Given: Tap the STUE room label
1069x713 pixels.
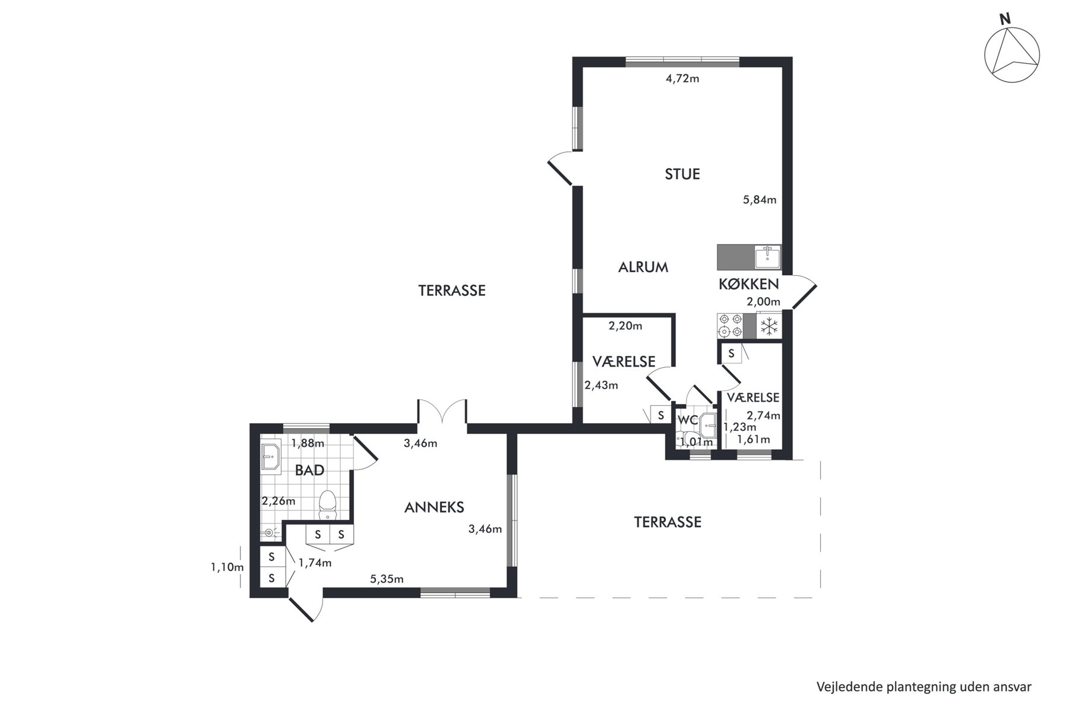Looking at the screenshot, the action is [x=682, y=174].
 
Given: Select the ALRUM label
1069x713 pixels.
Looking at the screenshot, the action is [x=643, y=267].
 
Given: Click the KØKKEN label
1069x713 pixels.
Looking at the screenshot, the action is [x=748, y=284].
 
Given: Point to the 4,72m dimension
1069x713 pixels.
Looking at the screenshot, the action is [x=682, y=78].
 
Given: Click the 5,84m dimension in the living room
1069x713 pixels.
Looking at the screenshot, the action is [x=760, y=200].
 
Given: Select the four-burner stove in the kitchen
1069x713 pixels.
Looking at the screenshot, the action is [x=730, y=326].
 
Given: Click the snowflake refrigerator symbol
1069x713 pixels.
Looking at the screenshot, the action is [x=770, y=326].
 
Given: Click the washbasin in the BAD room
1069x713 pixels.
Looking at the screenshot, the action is [x=271, y=457].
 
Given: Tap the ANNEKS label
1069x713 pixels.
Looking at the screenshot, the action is [x=434, y=507].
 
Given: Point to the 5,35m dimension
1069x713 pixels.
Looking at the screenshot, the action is [x=387, y=579].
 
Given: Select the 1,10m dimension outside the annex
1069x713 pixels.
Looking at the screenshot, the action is [x=227, y=567].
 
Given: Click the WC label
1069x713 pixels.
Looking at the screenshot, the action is [x=688, y=420].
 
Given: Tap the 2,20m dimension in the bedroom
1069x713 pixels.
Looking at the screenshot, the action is [x=625, y=326].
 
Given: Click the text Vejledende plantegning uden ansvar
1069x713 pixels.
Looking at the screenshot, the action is [x=924, y=687].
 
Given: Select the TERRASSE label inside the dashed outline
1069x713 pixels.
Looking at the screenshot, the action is [x=668, y=522].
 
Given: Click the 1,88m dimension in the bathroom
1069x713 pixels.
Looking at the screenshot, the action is [x=308, y=443].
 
